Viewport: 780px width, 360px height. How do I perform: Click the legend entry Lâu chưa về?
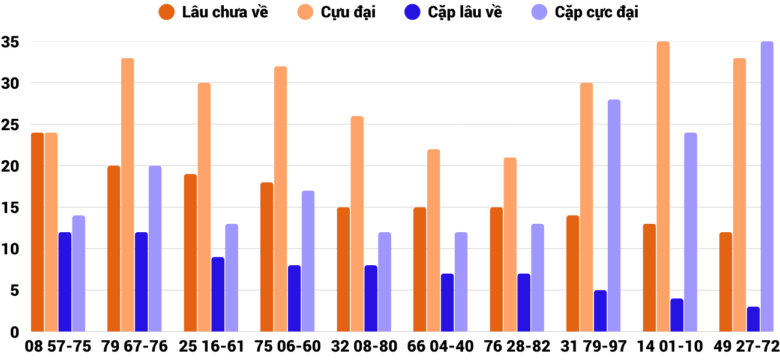coord(213,12)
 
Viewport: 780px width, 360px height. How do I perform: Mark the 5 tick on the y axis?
coord(14,290)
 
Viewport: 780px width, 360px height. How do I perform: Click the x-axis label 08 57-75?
coord(58,347)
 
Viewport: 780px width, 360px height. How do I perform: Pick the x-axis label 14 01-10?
coord(670,347)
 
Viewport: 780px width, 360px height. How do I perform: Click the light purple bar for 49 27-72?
coord(767,187)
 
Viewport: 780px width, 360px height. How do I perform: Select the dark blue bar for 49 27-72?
coord(753,319)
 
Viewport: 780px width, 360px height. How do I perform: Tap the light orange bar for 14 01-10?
coord(663,187)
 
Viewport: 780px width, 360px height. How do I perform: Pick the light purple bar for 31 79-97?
coord(614,215)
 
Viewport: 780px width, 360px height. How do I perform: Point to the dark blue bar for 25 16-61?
coord(218,294)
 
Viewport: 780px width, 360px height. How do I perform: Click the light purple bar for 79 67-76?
coord(155,248)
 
